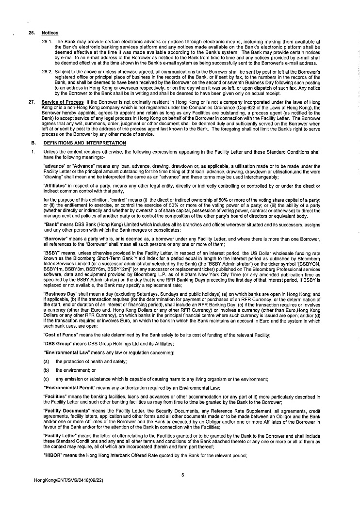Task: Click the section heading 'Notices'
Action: click(x=50, y=33)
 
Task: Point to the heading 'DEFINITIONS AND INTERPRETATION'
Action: click(x=84, y=143)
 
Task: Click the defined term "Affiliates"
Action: click(x=57, y=186)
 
